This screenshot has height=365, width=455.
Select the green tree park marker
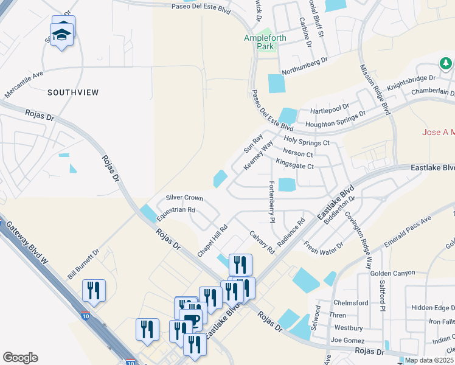[445, 63]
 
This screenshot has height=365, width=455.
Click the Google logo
[20, 358]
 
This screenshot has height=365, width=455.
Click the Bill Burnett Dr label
[83, 263]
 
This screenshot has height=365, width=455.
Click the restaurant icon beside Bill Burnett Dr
[94, 291]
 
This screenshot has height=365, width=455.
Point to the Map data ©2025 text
[429, 360]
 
